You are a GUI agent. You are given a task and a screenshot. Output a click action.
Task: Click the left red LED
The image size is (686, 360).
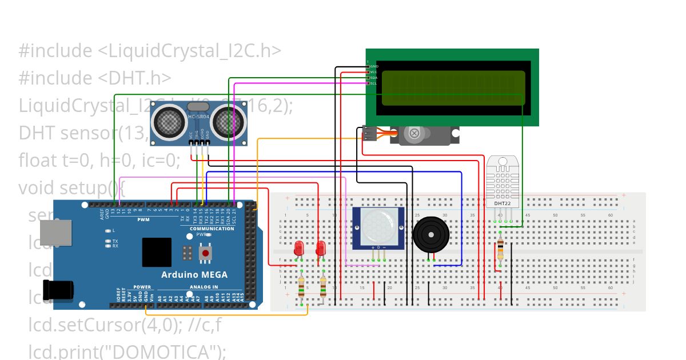[298, 249]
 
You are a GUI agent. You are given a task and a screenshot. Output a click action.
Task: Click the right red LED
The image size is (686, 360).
[321, 249]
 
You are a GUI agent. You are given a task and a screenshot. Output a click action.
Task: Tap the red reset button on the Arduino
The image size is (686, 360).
[205, 252]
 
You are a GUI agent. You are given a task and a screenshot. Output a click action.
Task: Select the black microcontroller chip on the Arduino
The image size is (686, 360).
[157, 252]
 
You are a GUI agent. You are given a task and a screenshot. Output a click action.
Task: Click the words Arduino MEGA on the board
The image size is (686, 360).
[194, 274]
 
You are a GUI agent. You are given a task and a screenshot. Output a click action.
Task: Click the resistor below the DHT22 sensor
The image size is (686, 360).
[501, 250]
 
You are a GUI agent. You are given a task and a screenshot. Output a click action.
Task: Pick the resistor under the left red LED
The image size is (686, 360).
[301, 288]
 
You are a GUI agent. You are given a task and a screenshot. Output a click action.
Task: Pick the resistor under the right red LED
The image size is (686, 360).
[324, 288]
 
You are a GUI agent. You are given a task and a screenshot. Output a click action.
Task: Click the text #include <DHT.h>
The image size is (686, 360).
[95, 78]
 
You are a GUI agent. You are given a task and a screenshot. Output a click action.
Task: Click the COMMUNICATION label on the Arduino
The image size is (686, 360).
[212, 229]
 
